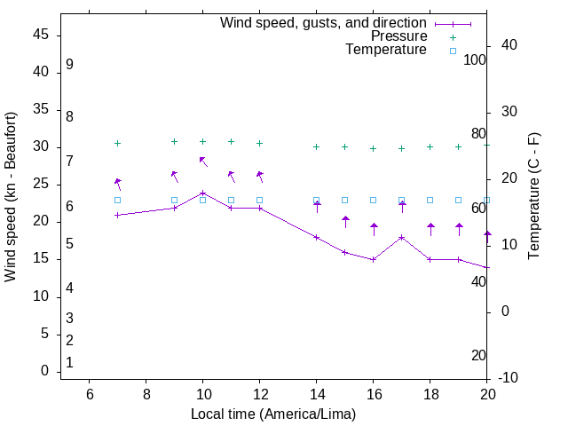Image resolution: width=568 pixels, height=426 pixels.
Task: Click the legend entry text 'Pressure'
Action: [398, 36]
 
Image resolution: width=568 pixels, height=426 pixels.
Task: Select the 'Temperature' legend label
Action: [386, 51]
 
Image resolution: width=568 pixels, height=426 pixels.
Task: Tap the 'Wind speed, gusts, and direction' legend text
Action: [324, 23]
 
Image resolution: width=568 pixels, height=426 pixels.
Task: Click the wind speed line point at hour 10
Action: [202, 193]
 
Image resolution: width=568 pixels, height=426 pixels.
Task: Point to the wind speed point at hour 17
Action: [401, 237]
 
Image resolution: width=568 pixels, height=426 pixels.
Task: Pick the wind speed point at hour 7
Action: [117, 215]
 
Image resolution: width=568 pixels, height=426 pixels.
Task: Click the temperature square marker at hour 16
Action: [373, 200]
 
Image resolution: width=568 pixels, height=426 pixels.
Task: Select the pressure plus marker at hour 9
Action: [174, 141]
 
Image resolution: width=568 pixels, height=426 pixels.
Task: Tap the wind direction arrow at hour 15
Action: [345, 222]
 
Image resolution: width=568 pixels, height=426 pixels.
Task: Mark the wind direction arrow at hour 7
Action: [117, 184]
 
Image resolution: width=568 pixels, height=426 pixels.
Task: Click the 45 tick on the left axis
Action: [40, 35]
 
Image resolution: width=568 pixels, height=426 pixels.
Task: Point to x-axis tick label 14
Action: [316, 395]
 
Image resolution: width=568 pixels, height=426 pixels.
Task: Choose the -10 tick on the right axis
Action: [509, 378]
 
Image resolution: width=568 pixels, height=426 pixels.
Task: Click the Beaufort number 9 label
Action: [69, 65]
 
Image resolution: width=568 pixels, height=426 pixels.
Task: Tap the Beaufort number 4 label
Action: [69, 288]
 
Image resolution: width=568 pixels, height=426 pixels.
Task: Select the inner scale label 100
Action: [476, 59]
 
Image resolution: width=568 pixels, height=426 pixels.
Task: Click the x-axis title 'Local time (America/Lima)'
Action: [273, 414]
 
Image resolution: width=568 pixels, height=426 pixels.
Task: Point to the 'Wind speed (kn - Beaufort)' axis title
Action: [11, 196]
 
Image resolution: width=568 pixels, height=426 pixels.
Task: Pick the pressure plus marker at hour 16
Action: [373, 148]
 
